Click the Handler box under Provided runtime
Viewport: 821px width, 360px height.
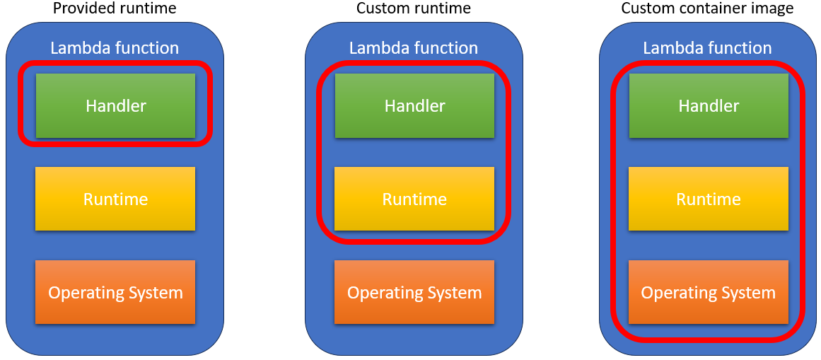point(115,105)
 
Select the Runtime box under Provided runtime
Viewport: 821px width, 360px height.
point(115,199)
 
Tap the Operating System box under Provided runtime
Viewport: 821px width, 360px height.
point(115,292)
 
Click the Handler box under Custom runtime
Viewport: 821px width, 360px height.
point(414,105)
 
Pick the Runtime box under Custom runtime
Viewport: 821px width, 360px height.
point(414,199)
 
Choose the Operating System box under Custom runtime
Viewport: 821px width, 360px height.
point(414,292)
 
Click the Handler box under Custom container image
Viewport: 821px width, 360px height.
point(709,105)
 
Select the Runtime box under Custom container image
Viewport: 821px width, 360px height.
point(709,199)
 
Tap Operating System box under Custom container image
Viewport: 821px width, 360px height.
point(709,292)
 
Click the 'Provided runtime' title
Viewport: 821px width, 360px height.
point(115,8)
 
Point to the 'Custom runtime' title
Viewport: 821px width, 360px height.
point(414,8)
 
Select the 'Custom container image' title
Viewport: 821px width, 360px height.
point(707,8)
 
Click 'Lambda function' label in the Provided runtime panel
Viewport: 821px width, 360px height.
point(115,48)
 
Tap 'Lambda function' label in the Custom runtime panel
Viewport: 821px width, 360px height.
point(414,48)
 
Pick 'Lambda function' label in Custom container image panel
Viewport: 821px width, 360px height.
point(707,48)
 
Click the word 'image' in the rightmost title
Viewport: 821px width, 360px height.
point(775,8)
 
